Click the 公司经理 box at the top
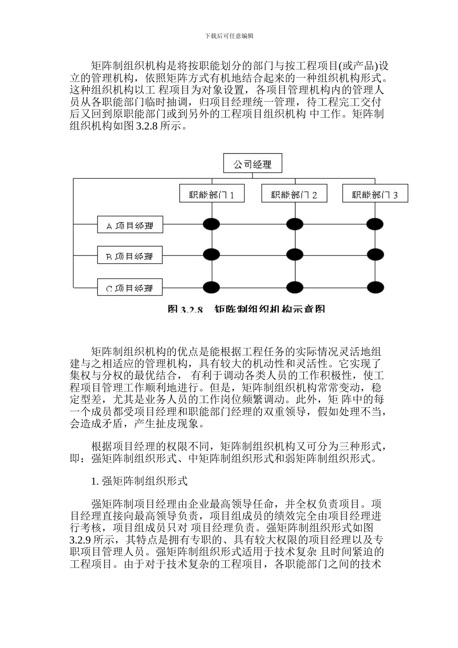coord(252,164)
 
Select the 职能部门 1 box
coord(212,194)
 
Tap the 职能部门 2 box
coord(294,194)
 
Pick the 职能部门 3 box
coord(375,194)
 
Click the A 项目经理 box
coord(130,225)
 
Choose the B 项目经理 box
coord(130,256)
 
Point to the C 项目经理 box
coord(130,287)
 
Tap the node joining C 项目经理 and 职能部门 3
coord(375,287)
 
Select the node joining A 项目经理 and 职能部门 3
coord(375,224)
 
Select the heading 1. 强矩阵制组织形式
coord(139,481)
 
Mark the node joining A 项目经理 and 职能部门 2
coord(294,224)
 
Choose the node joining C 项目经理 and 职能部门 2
coord(294,287)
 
